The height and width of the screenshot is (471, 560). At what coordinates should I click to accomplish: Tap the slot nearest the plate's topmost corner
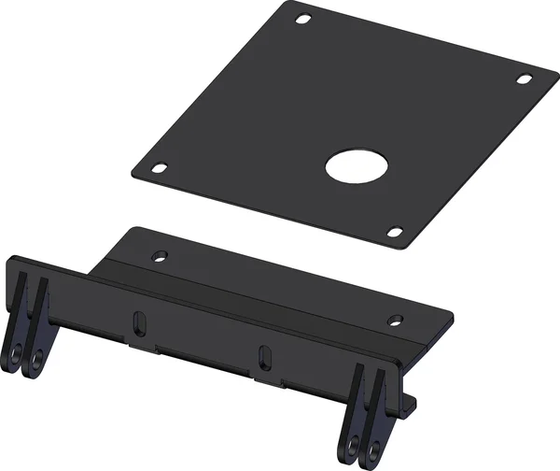[303, 19]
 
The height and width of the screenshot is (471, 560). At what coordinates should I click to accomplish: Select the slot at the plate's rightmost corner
[524, 78]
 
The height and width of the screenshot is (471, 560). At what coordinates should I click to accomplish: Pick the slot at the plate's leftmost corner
[160, 168]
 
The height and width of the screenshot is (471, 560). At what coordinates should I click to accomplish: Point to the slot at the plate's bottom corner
[394, 232]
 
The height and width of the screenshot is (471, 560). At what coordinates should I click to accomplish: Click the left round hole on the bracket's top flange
[159, 254]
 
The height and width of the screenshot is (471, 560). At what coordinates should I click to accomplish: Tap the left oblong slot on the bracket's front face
[138, 321]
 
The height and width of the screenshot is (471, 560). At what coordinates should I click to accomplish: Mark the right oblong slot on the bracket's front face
[264, 356]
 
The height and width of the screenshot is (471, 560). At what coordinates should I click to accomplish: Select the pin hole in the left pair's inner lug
[36, 358]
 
